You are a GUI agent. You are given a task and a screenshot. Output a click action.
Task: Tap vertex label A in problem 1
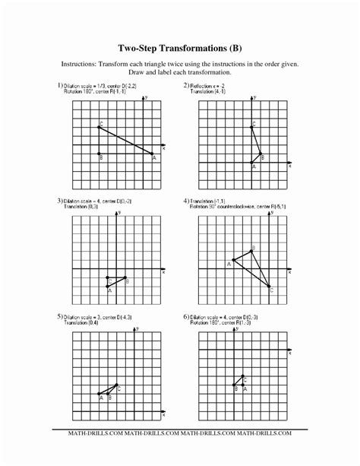tap(154, 158)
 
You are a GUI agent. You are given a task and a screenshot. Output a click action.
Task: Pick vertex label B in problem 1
tap(101, 158)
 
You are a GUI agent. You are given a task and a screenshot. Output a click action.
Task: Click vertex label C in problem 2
tap(254, 122)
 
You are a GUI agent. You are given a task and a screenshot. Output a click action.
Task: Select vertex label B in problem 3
tap(126, 281)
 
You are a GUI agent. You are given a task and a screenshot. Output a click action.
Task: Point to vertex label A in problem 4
tap(228, 263)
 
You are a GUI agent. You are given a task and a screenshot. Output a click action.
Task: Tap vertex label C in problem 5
tap(119, 388)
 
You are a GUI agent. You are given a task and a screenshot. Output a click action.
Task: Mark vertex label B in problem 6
tap(235, 388)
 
